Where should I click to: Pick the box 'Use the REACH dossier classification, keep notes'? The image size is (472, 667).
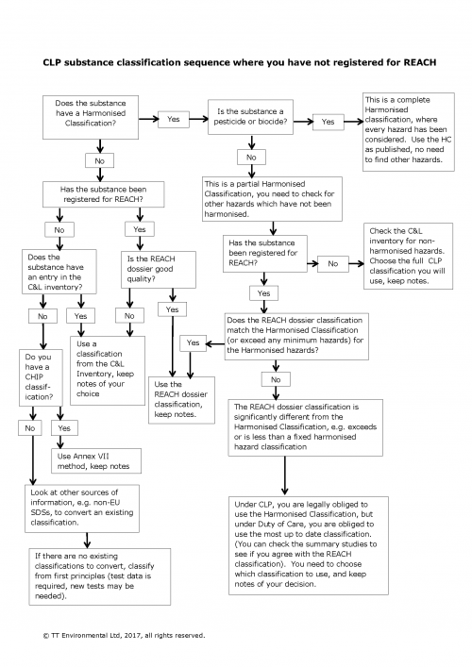[x=180, y=399]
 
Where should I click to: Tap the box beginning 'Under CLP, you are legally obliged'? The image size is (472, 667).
[x=309, y=543]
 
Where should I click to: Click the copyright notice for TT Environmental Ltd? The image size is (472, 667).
[x=124, y=635]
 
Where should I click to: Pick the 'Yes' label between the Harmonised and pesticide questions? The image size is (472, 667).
[x=174, y=119]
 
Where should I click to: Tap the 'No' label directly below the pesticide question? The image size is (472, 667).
[x=251, y=157]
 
